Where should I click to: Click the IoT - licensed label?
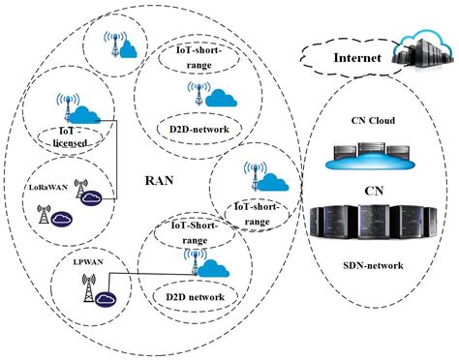(x=68, y=138)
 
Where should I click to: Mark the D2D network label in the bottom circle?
(x=191, y=295)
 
